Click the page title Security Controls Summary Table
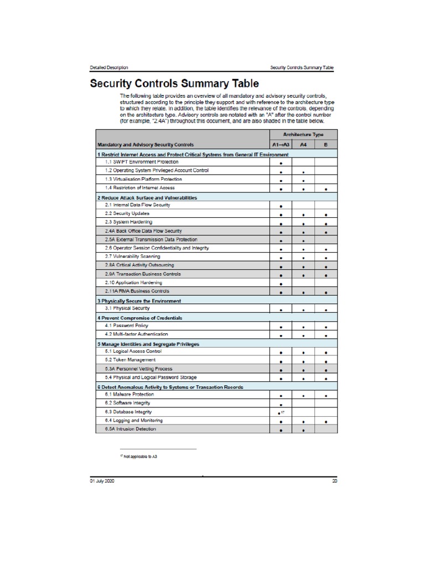[174, 84]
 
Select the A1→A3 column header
[281, 145]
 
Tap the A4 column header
[303, 145]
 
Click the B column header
[326, 145]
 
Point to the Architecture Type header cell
[303, 135]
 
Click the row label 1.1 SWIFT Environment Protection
[142, 163]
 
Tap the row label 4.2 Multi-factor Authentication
[137, 334]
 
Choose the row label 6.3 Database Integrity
[128, 412]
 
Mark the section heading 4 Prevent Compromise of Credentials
[140, 318]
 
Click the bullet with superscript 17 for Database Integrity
[281, 413]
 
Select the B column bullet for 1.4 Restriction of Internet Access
[326, 189]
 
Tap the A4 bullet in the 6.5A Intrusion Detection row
[303, 430]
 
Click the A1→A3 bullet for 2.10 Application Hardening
[281, 284]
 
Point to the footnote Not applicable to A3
[138, 457]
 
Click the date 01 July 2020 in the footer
[102, 481]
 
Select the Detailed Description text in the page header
[109, 67]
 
